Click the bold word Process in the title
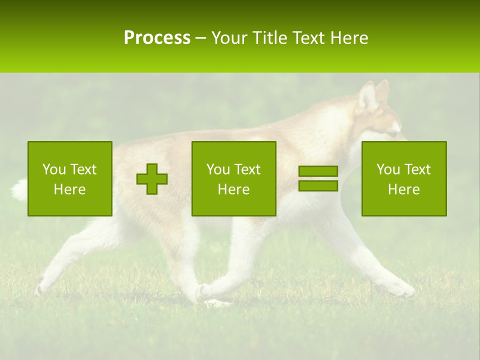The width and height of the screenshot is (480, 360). (157, 37)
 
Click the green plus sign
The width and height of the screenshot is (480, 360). (152, 179)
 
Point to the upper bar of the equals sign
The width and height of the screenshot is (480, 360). (318, 171)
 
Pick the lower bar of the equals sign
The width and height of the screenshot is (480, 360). (318, 186)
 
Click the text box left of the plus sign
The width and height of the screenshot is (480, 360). (70, 178)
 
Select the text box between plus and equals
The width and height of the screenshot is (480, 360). (233, 178)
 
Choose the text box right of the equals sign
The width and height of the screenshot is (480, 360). (403, 178)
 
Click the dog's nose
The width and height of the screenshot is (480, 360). (403, 136)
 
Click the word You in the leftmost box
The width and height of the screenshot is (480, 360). (53, 169)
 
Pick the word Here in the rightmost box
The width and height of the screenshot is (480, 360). (403, 189)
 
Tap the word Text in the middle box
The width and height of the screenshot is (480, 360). (247, 169)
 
